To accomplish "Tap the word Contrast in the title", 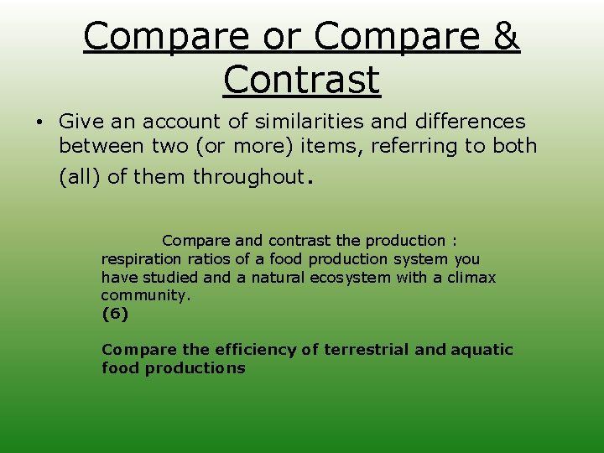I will pyautogui.click(x=302, y=80).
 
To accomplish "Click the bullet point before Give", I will pyautogui.click(x=39, y=122).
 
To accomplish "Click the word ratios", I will pyautogui.click(x=206, y=259).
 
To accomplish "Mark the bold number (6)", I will pyautogui.click(x=115, y=314).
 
